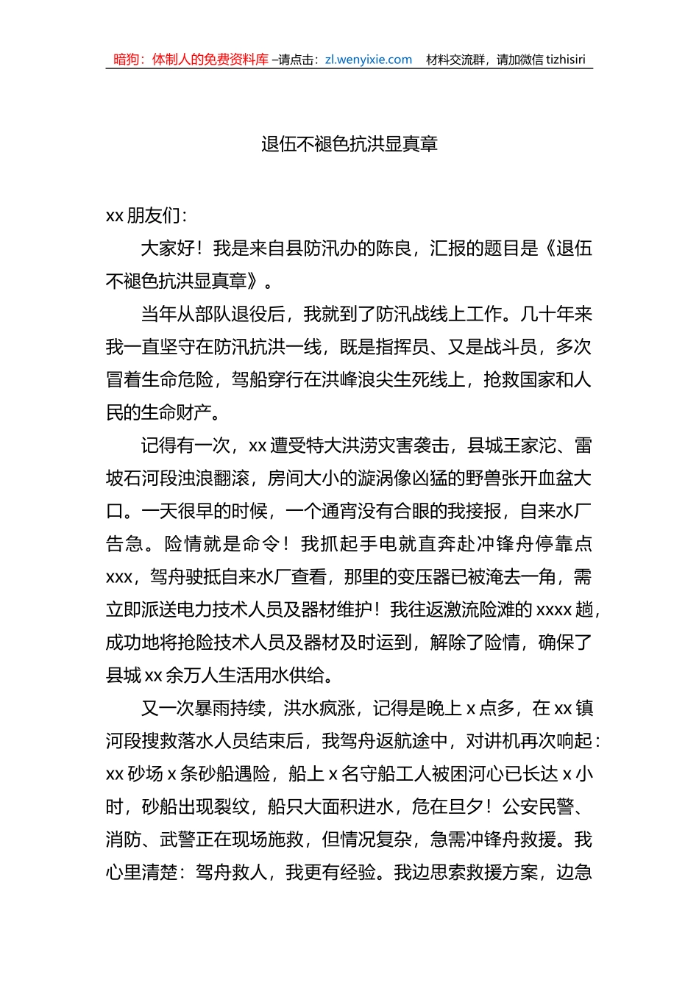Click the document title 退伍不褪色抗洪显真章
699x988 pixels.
click(349, 144)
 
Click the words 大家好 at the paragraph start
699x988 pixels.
click(167, 248)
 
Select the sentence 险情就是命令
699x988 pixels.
click(221, 544)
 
